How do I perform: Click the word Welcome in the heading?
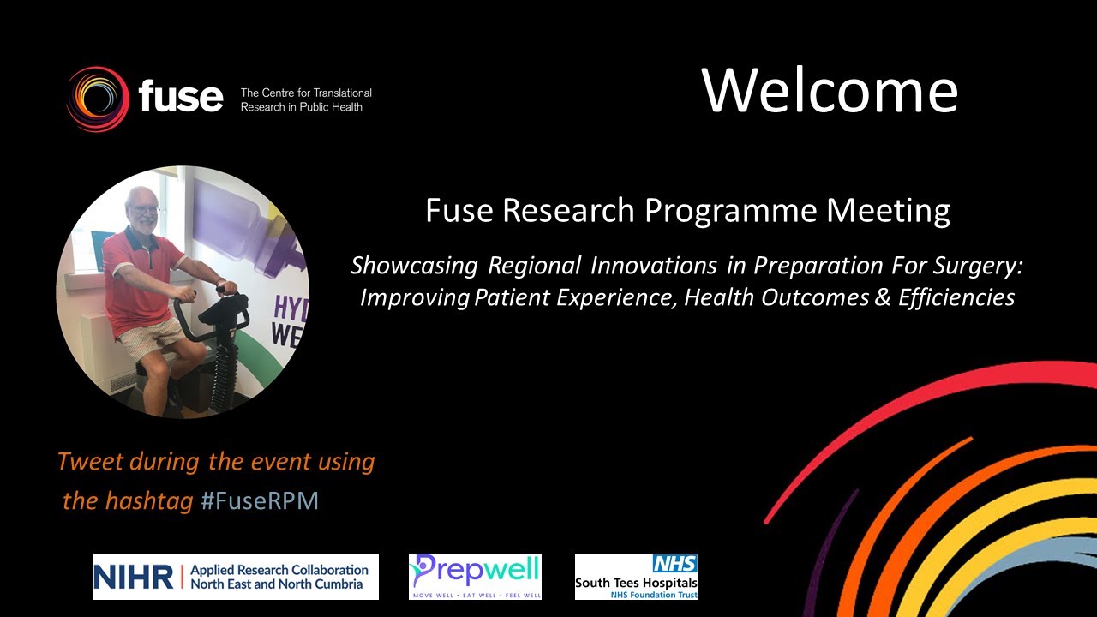point(830,90)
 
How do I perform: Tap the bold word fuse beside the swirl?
point(180,96)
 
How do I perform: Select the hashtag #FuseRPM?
point(260,501)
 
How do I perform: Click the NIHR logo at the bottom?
point(235,577)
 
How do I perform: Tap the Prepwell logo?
point(475,577)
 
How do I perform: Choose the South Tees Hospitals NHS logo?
point(636,577)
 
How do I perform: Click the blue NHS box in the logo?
point(674,564)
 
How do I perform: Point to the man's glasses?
point(145,208)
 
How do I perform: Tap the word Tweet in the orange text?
point(90,462)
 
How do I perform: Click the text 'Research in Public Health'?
point(301,107)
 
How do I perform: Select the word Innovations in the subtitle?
point(644,266)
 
